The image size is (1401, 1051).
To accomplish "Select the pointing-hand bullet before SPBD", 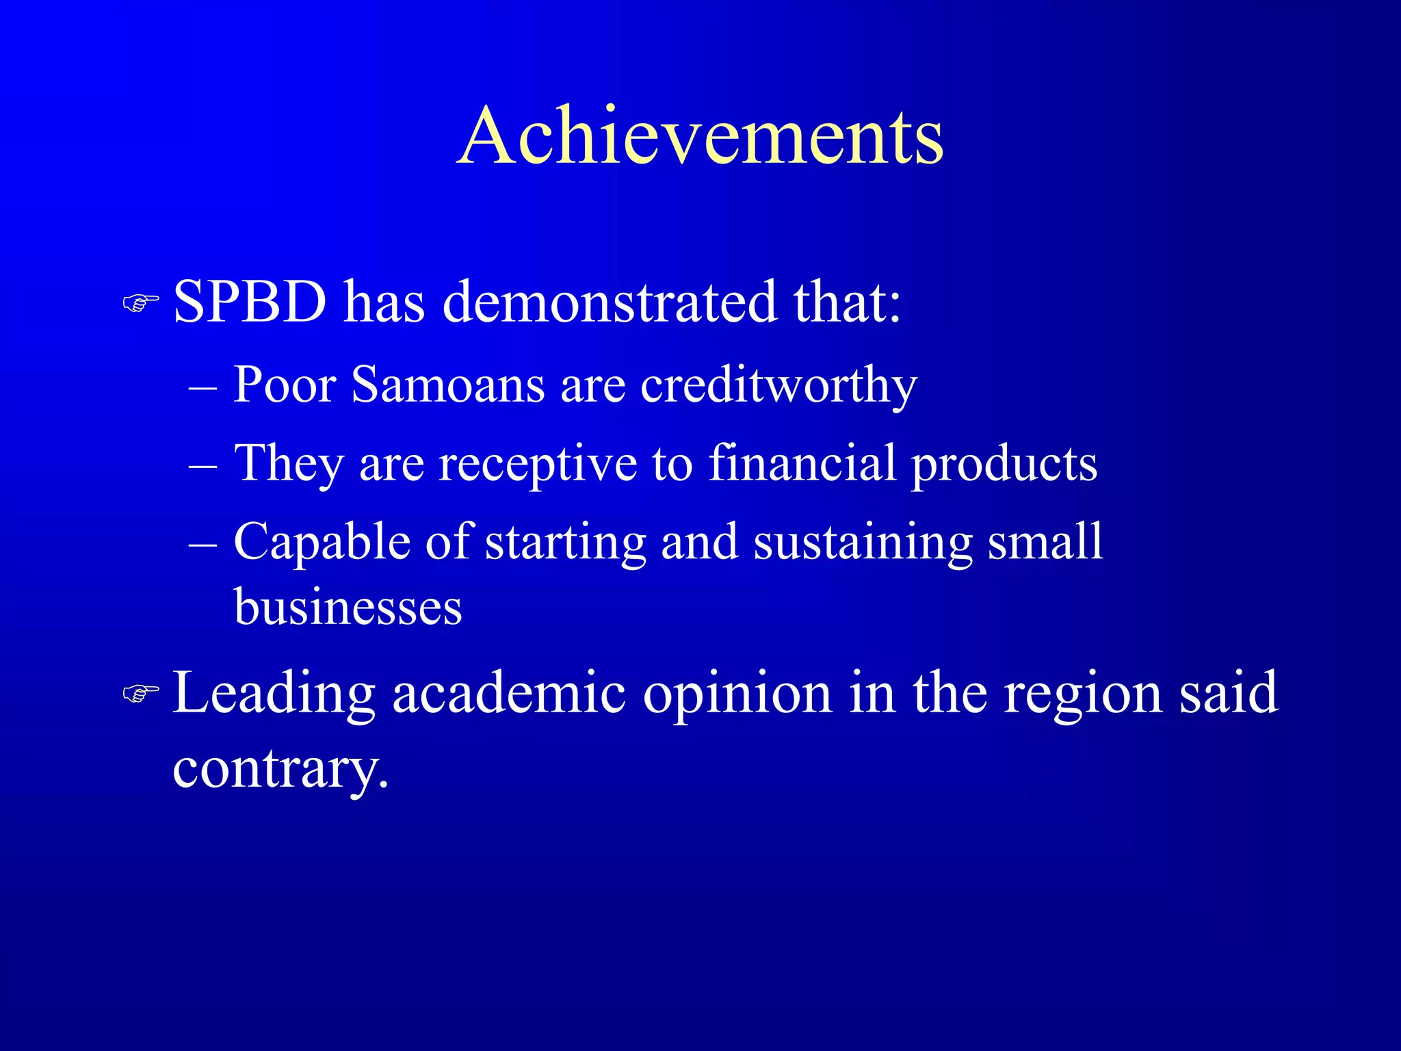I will (x=141, y=302).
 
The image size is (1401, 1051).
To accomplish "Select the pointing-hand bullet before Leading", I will (x=141, y=695).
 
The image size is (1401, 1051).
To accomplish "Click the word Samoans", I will (x=447, y=385).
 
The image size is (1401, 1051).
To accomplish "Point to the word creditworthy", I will (x=778, y=386).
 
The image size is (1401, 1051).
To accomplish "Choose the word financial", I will (x=801, y=463).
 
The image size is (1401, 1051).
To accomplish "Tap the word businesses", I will (x=348, y=607).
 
